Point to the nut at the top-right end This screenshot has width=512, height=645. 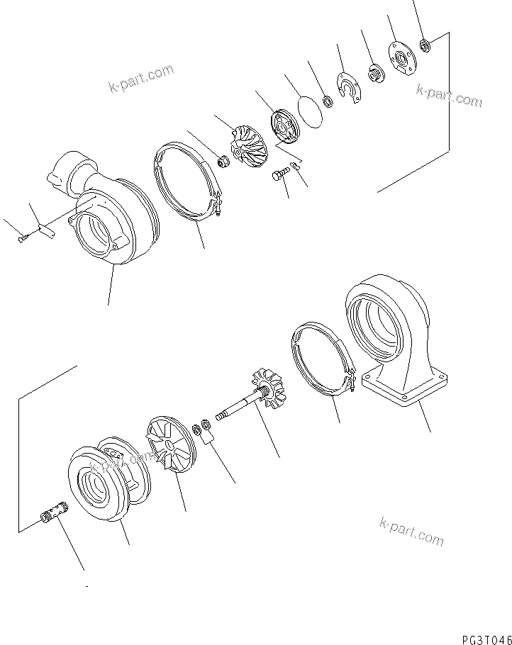pyautogui.click(x=424, y=46)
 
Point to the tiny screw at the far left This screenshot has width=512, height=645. pyautogui.click(x=22, y=239)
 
